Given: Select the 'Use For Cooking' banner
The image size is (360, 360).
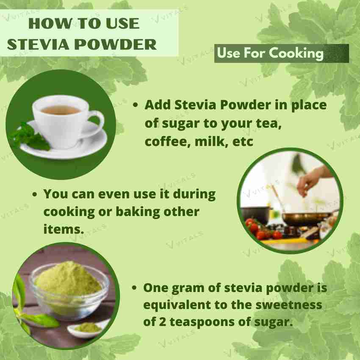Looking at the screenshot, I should [281, 53].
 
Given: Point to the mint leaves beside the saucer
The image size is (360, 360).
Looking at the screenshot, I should [30, 136].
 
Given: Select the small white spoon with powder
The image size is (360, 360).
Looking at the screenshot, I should [87, 328].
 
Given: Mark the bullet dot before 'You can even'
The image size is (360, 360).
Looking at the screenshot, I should [36, 195].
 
